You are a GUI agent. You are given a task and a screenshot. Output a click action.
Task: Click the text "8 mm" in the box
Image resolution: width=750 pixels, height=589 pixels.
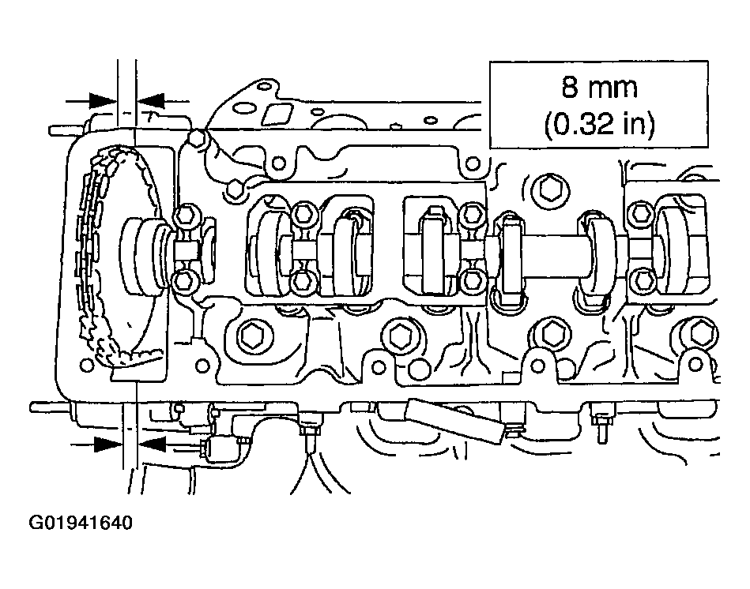(599, 88)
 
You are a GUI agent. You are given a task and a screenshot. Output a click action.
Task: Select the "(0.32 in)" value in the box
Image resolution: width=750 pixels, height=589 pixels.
(599, 124)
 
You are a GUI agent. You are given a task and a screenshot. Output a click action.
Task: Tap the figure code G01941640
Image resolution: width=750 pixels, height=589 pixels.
(81, 523)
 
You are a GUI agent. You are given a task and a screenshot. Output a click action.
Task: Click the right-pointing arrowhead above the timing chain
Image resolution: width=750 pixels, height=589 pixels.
(103, 101)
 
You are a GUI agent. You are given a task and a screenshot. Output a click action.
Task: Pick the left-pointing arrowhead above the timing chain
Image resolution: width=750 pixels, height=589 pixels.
(150, 101)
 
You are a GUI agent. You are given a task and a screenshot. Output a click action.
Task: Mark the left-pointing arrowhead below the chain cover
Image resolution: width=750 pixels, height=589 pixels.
(152, 445)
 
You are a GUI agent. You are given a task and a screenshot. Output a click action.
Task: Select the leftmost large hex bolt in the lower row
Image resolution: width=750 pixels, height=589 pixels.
(250, 336)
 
